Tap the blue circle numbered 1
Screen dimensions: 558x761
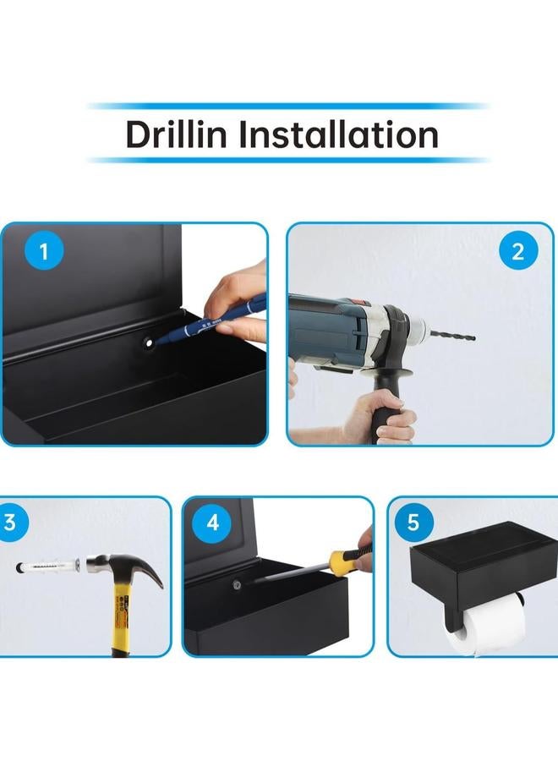tap(44, 251)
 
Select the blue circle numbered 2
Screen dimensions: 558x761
tap(518, 251)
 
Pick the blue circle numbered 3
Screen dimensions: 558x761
tap(11, 523)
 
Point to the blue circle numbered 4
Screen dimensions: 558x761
tap(212, 523)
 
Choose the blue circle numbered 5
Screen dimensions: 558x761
tap(413, 523)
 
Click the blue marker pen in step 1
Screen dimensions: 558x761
tap(214, 317)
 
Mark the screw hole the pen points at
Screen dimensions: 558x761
tap(147, 343)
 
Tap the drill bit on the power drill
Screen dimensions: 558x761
tap(451, 336)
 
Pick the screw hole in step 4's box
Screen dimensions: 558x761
tap(237, 585)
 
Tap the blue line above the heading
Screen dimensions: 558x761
tap(287, 106)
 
